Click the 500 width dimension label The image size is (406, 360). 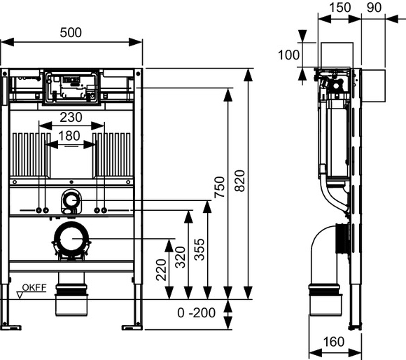(x=71, y=33)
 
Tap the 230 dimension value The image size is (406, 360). (x=71, y=118)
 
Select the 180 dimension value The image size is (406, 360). (x=69, y=136)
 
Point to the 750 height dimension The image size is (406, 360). (x=219, y=187)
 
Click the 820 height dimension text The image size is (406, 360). (x=239, y=181)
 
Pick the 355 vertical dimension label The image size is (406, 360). (x=199, y=249)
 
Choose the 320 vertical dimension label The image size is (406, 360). (x=180, y=257)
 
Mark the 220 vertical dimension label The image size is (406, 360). (x=161, y=270)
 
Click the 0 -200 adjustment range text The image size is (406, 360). (x=196, y=313)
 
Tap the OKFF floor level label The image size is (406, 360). (x=34, y=287)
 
